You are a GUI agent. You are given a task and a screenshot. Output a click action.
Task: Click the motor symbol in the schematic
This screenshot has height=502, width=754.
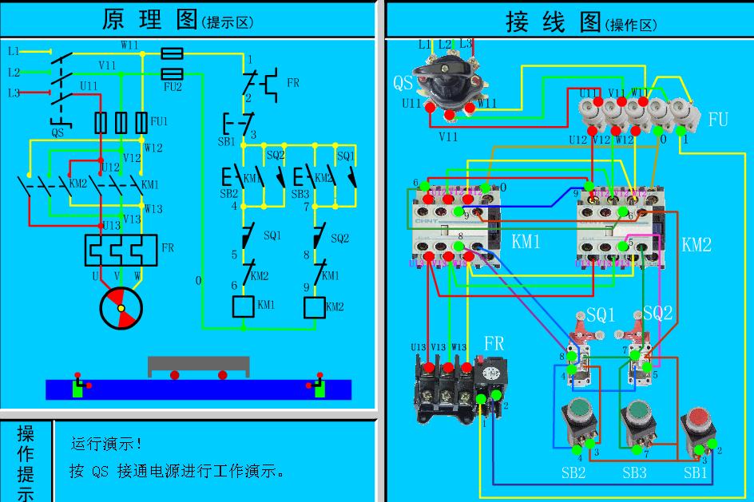(x=121, y=307)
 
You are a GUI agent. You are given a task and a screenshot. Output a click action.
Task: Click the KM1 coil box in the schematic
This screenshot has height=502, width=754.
(x=243, y=306)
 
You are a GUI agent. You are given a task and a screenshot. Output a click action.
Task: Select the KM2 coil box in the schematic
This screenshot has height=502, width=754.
(x=315, y=306)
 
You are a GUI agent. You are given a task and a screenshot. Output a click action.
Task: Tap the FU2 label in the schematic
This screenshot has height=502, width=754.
(x=173, y=87)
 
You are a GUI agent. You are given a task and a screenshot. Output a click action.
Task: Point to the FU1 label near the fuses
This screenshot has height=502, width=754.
(x=159, y=121)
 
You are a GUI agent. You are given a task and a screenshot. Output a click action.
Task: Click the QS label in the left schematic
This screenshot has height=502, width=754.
(x=58, y=133)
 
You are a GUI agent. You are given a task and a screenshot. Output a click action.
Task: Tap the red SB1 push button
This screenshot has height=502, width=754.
(x=697, y=421)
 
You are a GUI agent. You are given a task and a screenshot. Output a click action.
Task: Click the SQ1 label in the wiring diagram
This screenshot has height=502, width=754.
(x=601, y=315)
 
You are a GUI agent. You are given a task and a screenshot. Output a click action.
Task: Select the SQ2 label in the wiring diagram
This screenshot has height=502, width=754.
(x=657, y=314)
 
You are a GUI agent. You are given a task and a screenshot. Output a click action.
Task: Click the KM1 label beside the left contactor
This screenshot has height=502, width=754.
(x=526, y=241)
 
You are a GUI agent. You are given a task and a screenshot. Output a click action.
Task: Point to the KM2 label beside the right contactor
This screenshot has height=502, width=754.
(x=696, y=244)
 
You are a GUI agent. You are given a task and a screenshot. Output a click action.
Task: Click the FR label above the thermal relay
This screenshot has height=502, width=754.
(x=494, y=344)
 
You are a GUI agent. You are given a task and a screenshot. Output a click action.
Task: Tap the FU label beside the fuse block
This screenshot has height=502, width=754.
(x=718, y=120)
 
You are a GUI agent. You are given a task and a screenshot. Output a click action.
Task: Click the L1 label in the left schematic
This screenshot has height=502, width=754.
(x=14, y=51)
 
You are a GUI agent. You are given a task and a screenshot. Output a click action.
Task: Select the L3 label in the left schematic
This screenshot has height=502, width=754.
(x=14, y=93)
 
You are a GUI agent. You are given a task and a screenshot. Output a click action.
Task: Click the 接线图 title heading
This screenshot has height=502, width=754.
(x=553, y=22)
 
